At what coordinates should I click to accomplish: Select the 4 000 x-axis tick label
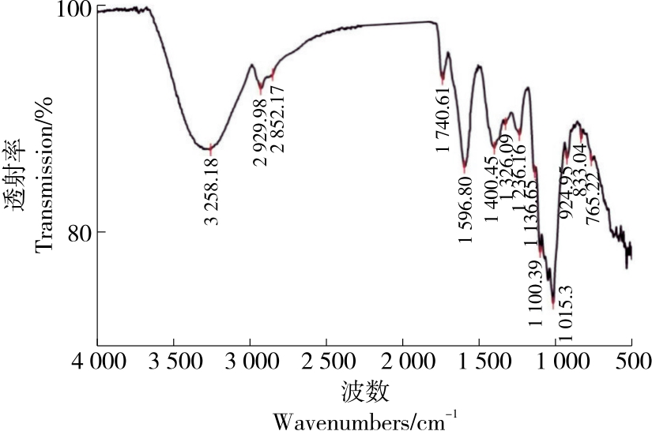point(97,365)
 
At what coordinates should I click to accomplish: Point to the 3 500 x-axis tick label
point(173,365)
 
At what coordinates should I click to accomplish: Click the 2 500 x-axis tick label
point(326,365)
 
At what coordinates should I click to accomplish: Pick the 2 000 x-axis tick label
point(402,365)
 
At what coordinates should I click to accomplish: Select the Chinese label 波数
point(364,391)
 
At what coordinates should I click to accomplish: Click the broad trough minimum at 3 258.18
point(209,148)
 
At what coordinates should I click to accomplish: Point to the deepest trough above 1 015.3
point(553,289)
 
